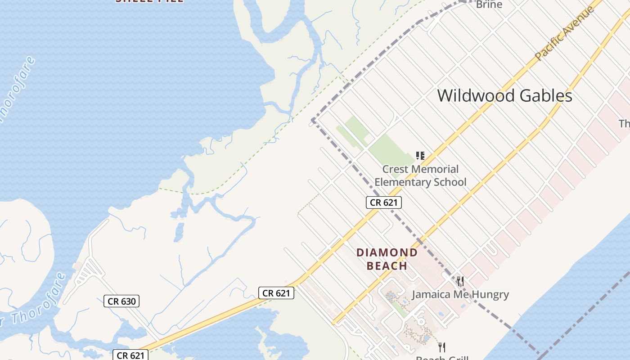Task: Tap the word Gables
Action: pos(546,95)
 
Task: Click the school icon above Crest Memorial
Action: pos(420,156)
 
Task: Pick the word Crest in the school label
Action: pos(395,169)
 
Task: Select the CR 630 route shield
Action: pos(121,301)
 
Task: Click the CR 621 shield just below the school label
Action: pos(383,202)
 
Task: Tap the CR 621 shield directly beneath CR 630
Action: pos(130,355)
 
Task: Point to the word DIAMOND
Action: pos(387,252)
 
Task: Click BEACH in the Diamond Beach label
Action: pos(387,265)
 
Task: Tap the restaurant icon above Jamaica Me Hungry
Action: pos(460,282)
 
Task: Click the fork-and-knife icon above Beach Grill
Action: pos(442,347)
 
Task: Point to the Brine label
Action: pos(489,4)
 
